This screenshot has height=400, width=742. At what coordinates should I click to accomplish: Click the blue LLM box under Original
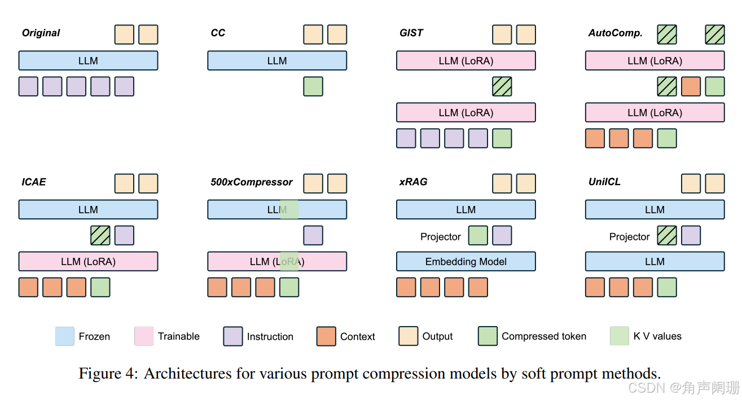click(x=88, y=60)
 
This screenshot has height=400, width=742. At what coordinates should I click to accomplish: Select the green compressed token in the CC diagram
click(x=313, y=86)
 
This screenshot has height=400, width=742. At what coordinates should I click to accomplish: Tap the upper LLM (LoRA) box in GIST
click(x=466, y=60)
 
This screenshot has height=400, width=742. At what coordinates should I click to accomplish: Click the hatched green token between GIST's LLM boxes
click(x=502, y=86)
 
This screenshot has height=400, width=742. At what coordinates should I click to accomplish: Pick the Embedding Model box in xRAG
click(x=466, y=261)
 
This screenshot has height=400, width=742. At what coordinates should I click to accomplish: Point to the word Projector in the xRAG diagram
click(x=440, y=236)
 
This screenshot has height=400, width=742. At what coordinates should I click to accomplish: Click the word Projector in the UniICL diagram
click(x=629, y=236)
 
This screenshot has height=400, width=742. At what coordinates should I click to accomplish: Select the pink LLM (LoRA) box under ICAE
click(x=88, y=261)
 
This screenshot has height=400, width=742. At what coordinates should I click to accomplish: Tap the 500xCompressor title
click(x=251, y=182)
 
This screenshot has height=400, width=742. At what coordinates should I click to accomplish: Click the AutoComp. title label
click(x=615, y=33)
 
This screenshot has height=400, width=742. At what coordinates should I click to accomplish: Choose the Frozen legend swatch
click(x=65, y=336)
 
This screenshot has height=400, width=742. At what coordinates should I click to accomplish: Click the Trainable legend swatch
click(x=144, y=336)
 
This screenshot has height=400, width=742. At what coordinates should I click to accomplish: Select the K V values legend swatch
click(x=619, y=336)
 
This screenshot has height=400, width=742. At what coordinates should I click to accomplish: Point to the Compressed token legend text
click(x=543, y=336)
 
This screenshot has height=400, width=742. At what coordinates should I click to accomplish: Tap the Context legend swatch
click(x=326, y=336)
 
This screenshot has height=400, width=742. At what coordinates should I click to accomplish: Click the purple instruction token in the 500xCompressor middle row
click(x=313, y=235)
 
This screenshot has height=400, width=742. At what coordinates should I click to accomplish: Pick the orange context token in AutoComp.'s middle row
click(x=691, y=86)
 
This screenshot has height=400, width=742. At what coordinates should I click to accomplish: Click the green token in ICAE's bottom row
click(x=100, y=287)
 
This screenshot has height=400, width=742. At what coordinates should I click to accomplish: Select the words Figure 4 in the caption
click(x=108, y=373)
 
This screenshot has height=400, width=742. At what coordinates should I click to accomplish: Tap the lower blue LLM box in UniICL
click(x=655, y=261)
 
